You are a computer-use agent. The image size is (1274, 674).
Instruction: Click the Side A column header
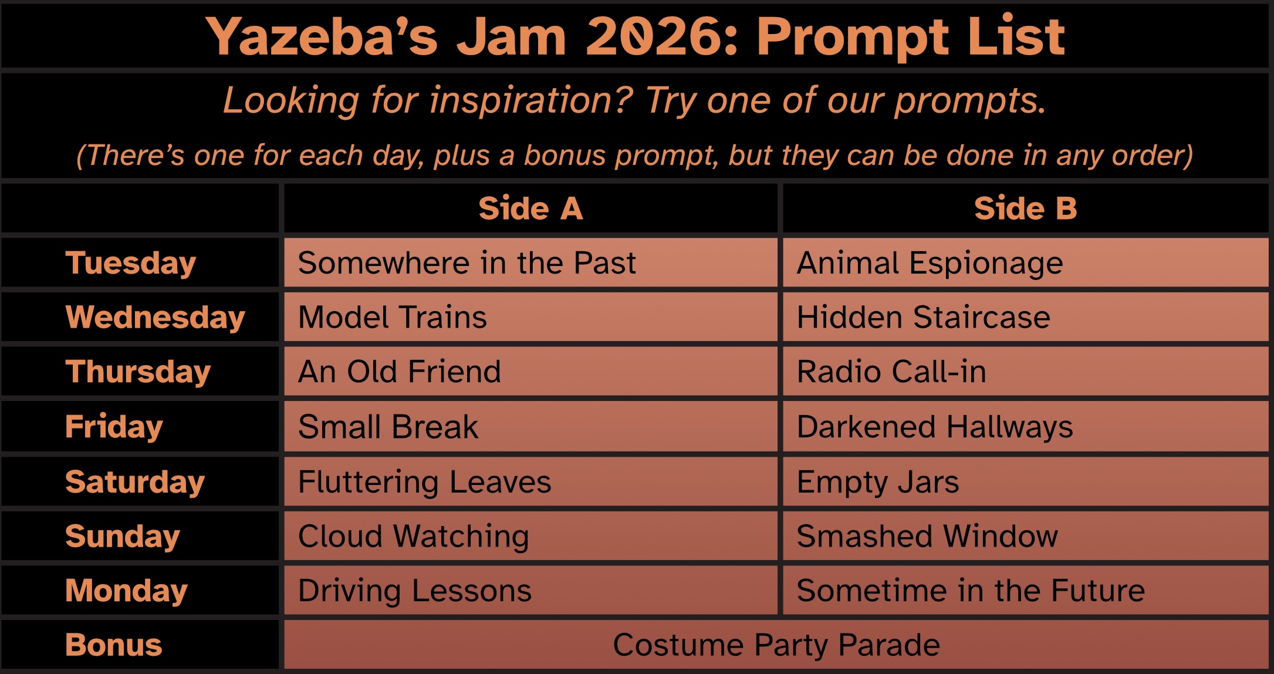(530, 208)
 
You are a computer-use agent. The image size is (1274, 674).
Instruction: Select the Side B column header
(1025, 208)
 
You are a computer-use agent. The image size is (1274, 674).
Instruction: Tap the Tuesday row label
(130, 263)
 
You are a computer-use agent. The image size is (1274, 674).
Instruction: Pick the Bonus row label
(113, 645)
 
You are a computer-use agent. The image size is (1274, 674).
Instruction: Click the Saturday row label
(135, 482)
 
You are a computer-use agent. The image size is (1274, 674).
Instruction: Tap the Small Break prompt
(388, 427)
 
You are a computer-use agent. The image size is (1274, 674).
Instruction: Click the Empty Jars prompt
(877, 482)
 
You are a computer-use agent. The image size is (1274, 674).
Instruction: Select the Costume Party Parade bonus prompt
(776, 645)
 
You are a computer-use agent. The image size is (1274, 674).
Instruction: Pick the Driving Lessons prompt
(414, 591)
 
